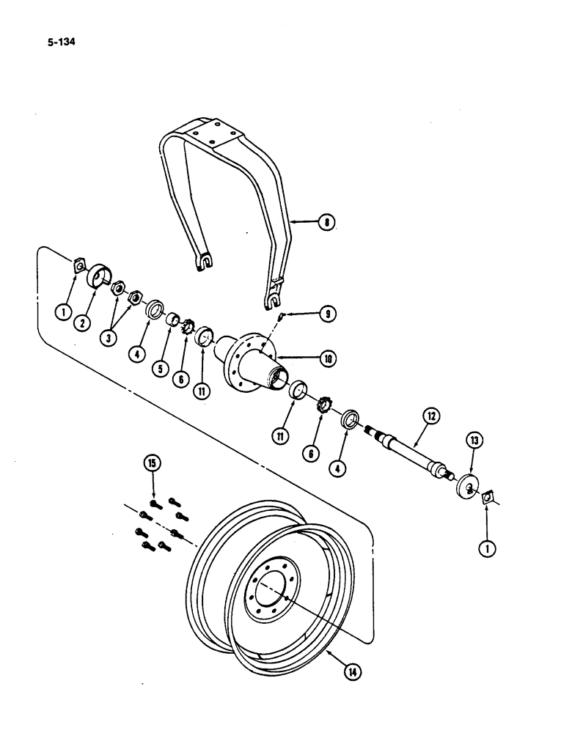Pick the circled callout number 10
tap(326, 358)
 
